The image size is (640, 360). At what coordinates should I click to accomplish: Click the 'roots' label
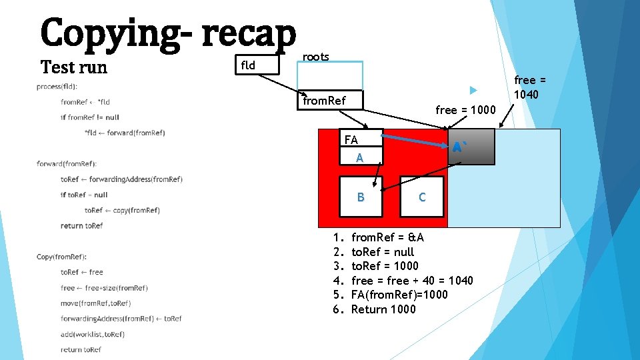[x=315, y=57]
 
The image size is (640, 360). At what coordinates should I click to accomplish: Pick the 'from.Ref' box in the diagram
[x=331, y=101]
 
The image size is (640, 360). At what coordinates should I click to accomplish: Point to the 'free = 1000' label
[x=465, y=110]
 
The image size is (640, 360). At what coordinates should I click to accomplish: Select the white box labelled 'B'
[x=361, y=197]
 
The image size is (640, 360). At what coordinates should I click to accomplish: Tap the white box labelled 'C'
[x=422, y=197]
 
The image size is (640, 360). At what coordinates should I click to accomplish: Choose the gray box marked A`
[x=471, y=147]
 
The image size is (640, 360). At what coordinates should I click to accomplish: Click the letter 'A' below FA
[x=359, y=158]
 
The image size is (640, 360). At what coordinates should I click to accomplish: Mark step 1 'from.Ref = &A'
[x=387, y=237]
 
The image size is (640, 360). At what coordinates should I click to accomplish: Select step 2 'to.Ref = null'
[x=382, y=252]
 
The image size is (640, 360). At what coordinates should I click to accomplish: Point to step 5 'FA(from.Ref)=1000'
[x=399, y=295]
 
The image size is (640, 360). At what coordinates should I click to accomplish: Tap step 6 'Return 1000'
[x=383, y=309]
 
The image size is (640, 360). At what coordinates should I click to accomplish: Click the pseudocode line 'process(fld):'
[x=57, y=87]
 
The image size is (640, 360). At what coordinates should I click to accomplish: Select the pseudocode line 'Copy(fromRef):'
[x=62, y=257]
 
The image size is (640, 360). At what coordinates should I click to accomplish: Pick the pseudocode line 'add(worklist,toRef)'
[x=92, y=334]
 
